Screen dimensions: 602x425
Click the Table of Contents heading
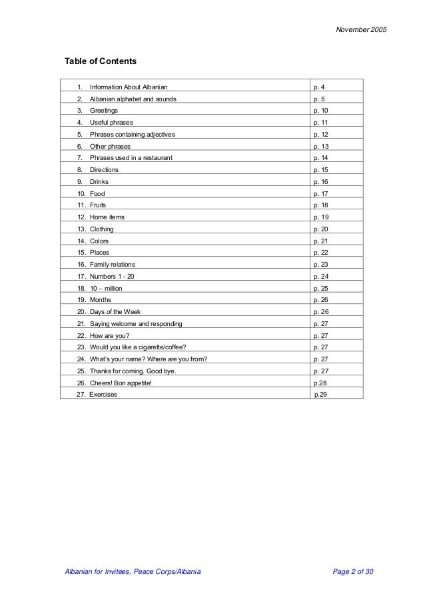(x=100, y=62)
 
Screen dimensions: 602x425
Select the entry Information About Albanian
(x=129, y=87)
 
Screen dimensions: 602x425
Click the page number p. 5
(x=319, y=99)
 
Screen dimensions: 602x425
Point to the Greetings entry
(x=103, y=111)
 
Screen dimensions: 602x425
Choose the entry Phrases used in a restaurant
(x=131, y=158)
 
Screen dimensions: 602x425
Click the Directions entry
(x=104, y=170)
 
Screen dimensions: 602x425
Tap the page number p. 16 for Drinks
(x=321, y=182)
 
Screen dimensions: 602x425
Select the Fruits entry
(x=98, y=205)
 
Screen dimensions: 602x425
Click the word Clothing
(x=102, y=229)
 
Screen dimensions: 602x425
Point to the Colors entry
(x=99, y=241)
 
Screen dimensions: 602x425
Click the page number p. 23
(x=321, y=265)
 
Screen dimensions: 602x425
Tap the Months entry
(x=100, y=300)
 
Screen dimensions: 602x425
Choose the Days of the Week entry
(x=115, y=311)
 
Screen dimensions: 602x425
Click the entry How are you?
(x=109, y=335)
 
